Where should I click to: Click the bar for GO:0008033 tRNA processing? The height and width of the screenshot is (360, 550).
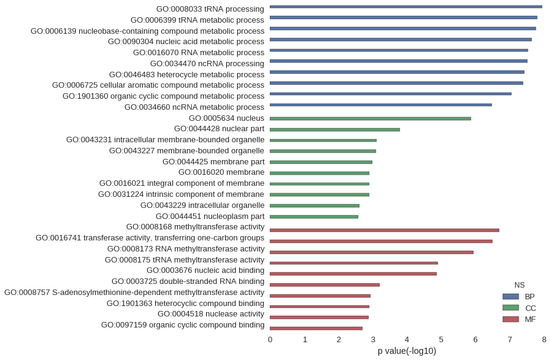(x=405, y=7)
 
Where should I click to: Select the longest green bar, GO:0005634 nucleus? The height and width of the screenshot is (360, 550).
(x=370, y=118)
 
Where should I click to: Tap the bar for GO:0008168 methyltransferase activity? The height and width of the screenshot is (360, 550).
(x=384, y=231)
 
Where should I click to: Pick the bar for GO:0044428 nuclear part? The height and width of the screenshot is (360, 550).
(x=335, y=129)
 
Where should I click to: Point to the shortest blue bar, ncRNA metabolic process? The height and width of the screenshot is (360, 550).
(x=381, y=105)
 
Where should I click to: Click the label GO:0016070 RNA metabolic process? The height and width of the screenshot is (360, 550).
(x=199, y=52)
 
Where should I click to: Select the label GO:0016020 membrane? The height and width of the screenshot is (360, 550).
(x=221, y=172)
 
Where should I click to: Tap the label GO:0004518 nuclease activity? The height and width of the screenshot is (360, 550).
(x=211, y=314)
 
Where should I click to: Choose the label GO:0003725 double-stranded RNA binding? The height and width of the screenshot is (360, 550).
(x=188, y=281)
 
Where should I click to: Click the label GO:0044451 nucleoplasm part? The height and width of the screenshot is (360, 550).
(x=210, y=216)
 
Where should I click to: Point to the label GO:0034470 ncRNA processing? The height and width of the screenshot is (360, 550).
(x=207, y=63)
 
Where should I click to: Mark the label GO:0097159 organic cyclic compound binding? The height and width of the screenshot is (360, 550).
(x=183, y=325)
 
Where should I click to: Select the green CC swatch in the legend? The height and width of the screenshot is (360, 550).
(x=510, y=308)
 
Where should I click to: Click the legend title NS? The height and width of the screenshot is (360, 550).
(x=519, y=285)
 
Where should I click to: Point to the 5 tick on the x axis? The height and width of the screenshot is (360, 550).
(x=441, y=339)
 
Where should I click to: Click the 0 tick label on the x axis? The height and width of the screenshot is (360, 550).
(x=270, y=339)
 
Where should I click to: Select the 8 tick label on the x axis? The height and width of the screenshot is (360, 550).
(x=544, y=339)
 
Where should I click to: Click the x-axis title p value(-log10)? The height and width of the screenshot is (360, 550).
(x=407, y=351)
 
